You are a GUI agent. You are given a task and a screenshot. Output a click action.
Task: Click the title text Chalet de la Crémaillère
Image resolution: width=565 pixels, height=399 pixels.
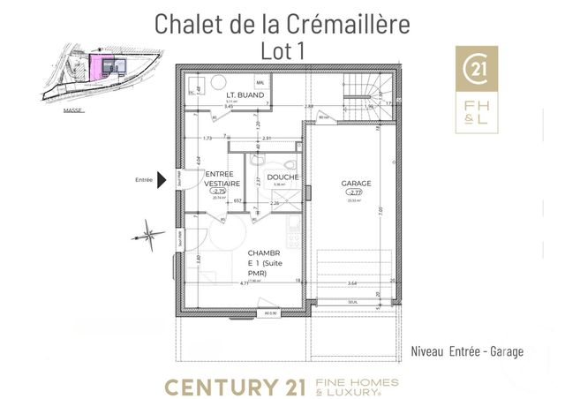(282, 24)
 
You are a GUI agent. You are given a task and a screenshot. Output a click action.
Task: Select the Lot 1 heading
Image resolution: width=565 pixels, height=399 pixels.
(282, 51)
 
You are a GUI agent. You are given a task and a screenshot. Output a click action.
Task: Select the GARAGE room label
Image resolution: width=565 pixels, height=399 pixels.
(356, 184)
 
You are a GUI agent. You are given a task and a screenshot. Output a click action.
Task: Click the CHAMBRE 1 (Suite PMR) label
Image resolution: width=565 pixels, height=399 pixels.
(264, 261)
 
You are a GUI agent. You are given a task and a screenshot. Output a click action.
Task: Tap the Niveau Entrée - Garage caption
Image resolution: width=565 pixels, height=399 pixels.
(467, 351)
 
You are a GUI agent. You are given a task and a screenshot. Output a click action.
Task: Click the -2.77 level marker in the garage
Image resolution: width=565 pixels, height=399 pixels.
(356, 192)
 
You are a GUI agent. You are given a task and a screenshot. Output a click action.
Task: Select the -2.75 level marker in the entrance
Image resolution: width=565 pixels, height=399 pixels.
(218, 191)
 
